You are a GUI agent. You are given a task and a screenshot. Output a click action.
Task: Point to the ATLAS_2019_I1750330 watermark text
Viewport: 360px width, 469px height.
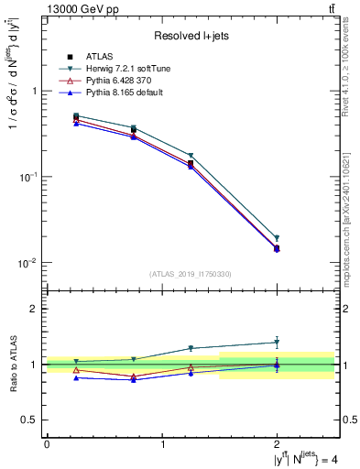click(x=191, y=274)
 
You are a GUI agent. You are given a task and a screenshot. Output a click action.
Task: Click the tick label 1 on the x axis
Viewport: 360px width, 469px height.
click(x=162, y=444)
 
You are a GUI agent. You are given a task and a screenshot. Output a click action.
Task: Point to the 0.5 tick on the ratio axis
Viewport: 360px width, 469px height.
click(x=31, y=420)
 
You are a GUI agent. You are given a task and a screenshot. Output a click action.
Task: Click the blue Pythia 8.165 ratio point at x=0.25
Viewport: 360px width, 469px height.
click(x=76, y=377)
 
